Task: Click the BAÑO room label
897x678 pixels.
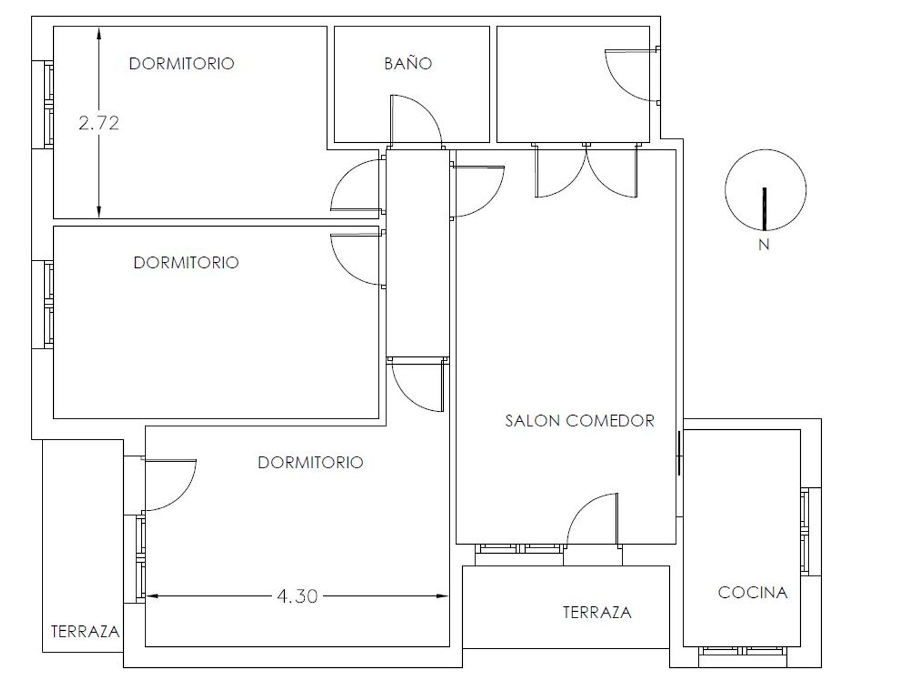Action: click(x=408, y=63)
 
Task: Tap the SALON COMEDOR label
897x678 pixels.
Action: click(x=579, y=421)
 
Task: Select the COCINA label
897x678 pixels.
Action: click(x=753, y=593)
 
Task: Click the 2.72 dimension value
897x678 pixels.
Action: click(x=99, y=123)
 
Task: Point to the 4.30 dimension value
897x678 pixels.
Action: click(x=297, y=596)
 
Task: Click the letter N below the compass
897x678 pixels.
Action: click(x=764, y=245)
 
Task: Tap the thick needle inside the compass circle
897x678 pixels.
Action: click(x=764, y=209)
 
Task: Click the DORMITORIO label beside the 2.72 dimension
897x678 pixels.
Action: click(x=181, y=63)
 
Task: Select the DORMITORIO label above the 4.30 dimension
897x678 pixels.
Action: click(x=310, y=462)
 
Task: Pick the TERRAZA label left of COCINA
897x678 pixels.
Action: click(x=597, y=612)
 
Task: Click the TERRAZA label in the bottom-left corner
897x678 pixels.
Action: click(x=85, y=632)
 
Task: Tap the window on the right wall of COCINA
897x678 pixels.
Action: click(x=806, y=532)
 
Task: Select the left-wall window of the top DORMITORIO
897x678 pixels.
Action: click(x=48, y=105)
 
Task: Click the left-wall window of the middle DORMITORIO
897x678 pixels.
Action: click(x=48, y=305)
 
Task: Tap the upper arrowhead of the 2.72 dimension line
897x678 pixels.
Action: click(x=99, y=33)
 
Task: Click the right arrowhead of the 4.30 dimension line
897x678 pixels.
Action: click(x=443, y=596)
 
